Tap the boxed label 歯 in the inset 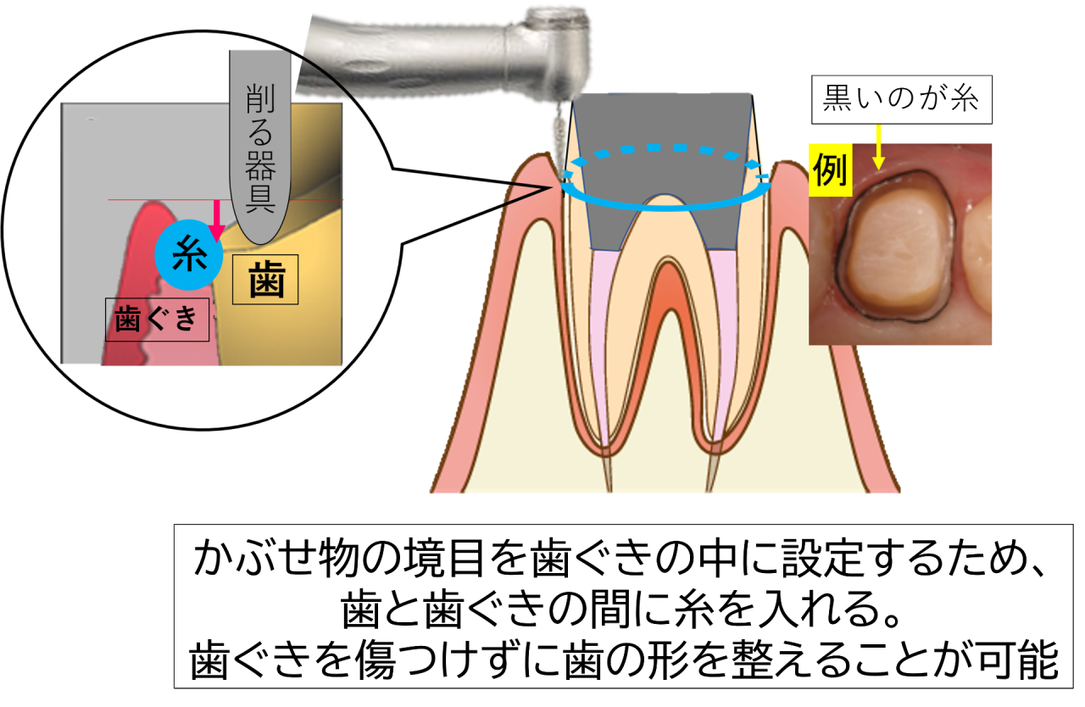coord(265,280)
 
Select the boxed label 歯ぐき coord(156,320)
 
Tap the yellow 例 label coord(829,172)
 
